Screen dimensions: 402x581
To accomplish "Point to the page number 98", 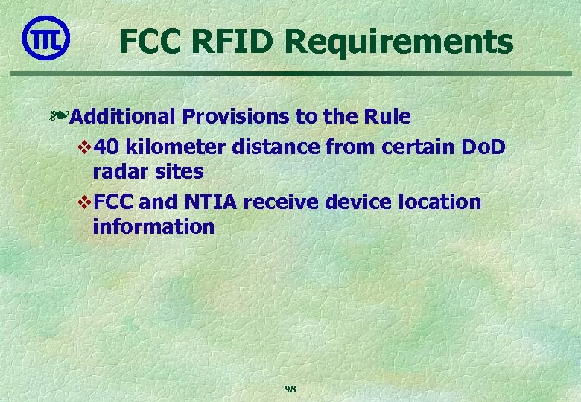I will click(x=290, y=389).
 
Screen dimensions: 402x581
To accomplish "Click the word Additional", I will click(x=125, y=117).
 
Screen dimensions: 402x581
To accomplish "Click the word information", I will click(x=153, y=226).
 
